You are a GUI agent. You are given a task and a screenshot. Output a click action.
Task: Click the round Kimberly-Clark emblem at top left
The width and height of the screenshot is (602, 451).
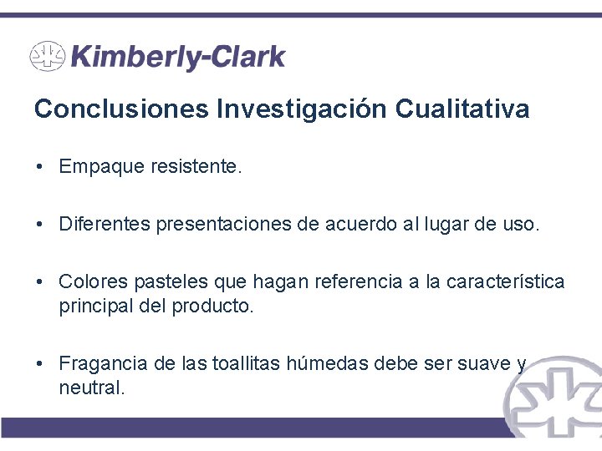(48, 57)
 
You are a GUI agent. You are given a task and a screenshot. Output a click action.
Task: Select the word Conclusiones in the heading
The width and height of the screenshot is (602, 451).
(122, 109)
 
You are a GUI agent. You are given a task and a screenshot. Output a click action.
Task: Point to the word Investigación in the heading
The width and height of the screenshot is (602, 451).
(303, 109)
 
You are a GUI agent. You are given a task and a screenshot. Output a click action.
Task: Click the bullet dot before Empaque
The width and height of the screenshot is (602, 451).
(39, 167)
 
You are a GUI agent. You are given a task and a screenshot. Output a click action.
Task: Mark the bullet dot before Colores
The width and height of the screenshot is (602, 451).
(39, 282)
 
